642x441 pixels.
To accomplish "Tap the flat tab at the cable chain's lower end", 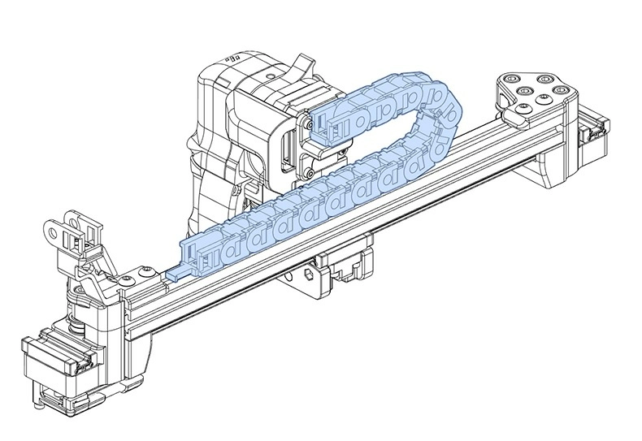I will click(x=180, y=272).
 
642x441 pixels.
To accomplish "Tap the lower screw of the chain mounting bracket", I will click(x=310, y=172).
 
